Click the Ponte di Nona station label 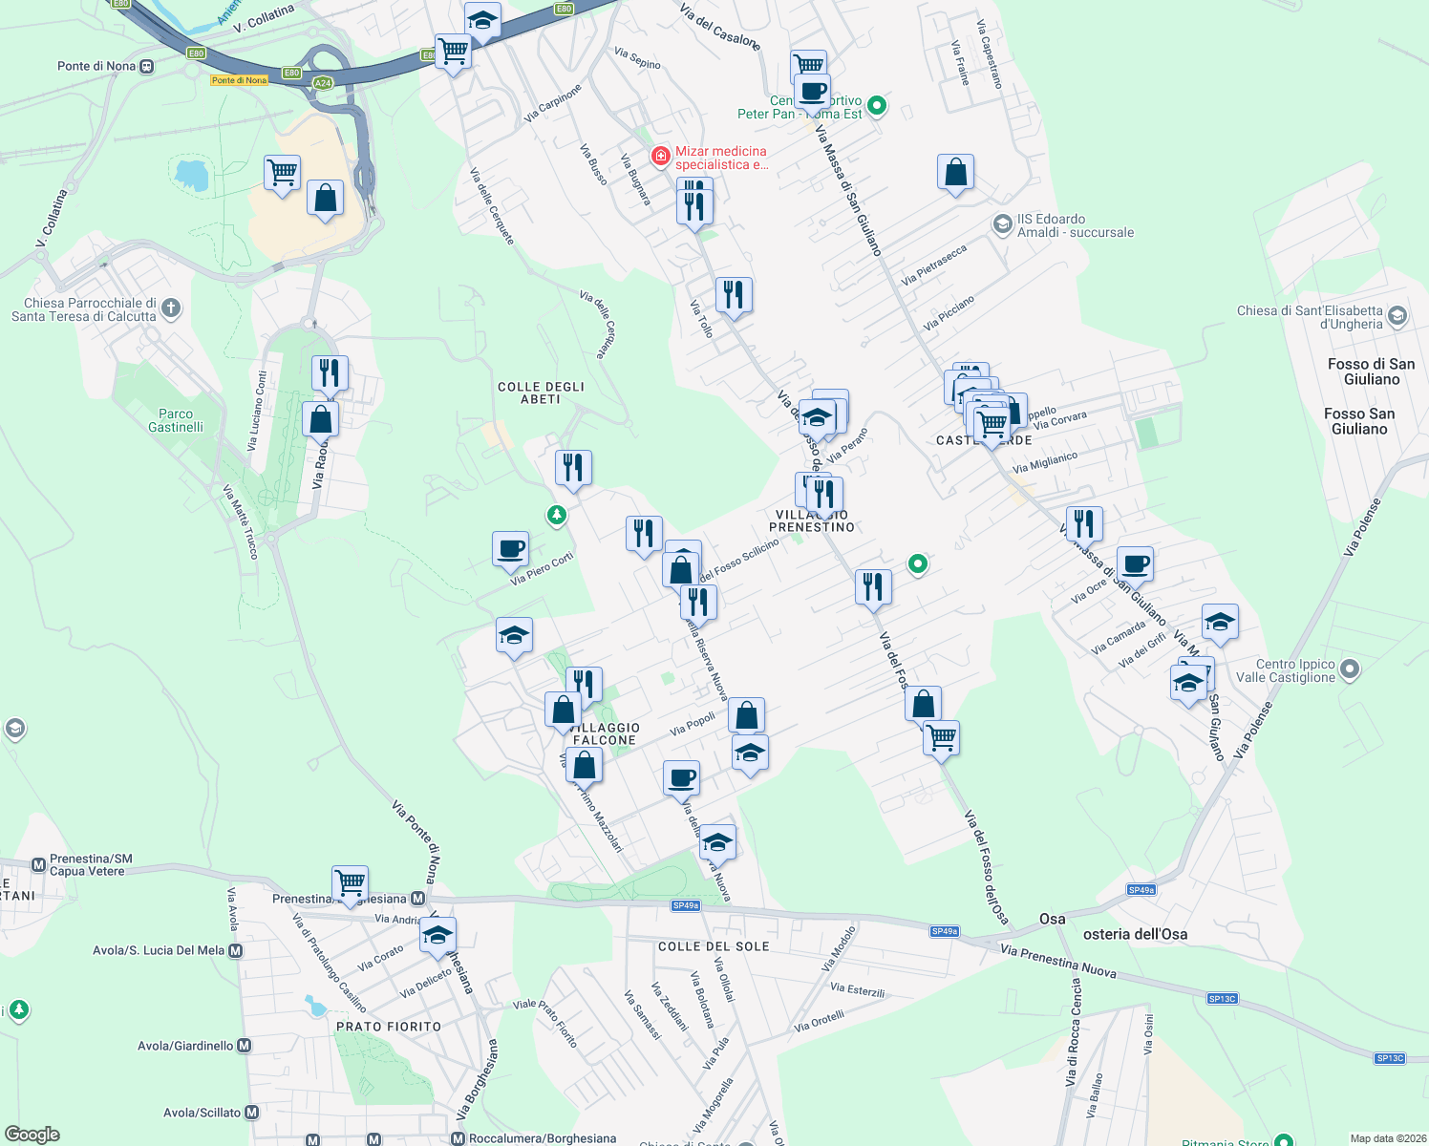pos(96,66)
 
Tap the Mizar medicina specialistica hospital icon pos(660,156)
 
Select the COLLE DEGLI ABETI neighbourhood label pos(541,393)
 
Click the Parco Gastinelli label pos(176,420)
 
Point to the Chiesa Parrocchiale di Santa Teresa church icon pos(171,308)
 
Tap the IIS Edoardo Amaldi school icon pos(1002,224)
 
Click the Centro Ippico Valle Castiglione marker pos(1350,669)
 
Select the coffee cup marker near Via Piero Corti pos(511,549)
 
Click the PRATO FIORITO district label pos(389,1027)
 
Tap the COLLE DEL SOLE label pos(714,946)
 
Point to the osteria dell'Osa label pos(1135,934)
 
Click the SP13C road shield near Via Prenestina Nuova pos(1222,999)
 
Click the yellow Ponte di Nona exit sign pos(239,80)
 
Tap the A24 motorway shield pos(323,83)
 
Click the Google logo pos(32,1135)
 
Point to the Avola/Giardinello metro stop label pos(186,1046)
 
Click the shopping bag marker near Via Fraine pos(955,173)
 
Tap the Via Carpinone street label pos(553,104)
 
